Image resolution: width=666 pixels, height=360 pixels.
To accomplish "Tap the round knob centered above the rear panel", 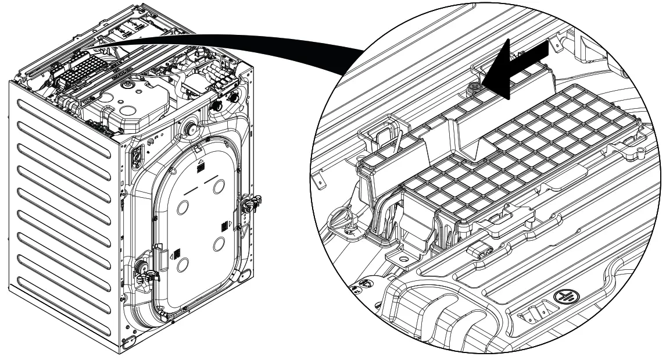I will pos(190,130).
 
